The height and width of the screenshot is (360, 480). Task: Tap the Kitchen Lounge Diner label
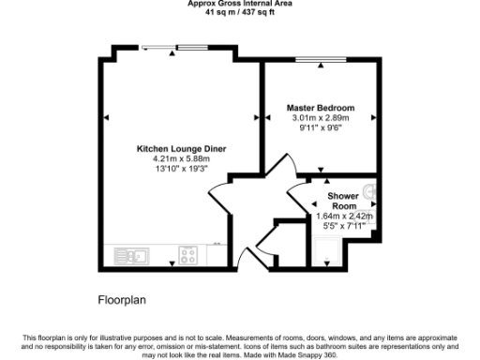181,149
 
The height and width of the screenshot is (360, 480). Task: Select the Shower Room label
343,201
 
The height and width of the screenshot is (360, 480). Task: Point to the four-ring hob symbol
189,254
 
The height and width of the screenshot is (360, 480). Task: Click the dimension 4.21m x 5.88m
181,159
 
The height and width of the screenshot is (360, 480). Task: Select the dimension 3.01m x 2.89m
320,119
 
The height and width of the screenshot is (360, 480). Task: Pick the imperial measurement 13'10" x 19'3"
181,170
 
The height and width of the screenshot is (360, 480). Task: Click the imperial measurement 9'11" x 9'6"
320,128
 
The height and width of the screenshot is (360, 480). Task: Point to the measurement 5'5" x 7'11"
344,226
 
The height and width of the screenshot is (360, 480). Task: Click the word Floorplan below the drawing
123,301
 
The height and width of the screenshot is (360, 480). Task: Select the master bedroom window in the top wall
319,61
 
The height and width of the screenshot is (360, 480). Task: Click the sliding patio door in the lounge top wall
175,48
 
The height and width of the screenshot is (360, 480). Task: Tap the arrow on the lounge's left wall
107,117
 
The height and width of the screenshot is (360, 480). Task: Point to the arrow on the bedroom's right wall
374,117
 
